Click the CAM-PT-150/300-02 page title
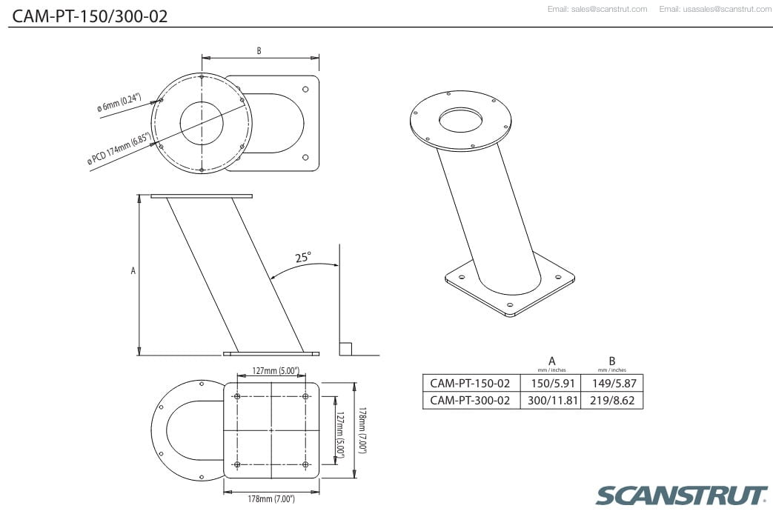[x=90, y=16]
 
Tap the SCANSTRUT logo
[x=681, y=495]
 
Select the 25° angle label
[x=303, y=257]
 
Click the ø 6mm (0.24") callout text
[x=119, y=102]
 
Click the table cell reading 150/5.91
[x=553, y=383]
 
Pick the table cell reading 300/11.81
[x=553, y=401]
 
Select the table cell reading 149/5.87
[x=614, y=383]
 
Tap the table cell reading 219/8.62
[x=612, y=401]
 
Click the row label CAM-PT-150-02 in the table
[x=470, y=383]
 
